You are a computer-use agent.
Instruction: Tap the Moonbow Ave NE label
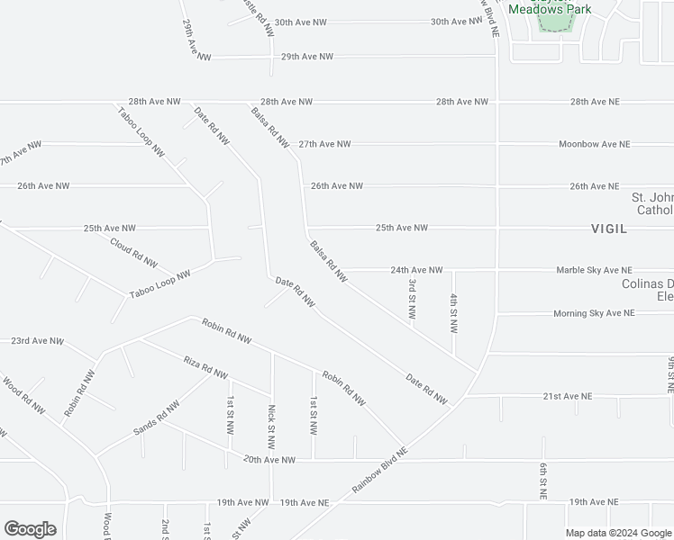click(x=594, y=144)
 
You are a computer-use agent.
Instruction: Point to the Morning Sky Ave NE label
click(x=594, y=313)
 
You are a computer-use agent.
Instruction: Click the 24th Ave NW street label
click(x=416, y=270)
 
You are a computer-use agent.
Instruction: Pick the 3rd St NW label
click(x=412, y=300)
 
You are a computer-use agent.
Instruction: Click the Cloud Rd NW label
click(x=133, y=253)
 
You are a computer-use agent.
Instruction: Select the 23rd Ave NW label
click(x=37, y=342)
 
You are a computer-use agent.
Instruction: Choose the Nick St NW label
click(x=271, y=426)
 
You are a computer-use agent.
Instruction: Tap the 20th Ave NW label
click(x=269, y=460)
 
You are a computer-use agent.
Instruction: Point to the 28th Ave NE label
click(x=595, y=102)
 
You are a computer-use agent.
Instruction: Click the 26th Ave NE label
click(x=594, y=186)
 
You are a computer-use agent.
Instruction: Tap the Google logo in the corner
click(x=31, y=529)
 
